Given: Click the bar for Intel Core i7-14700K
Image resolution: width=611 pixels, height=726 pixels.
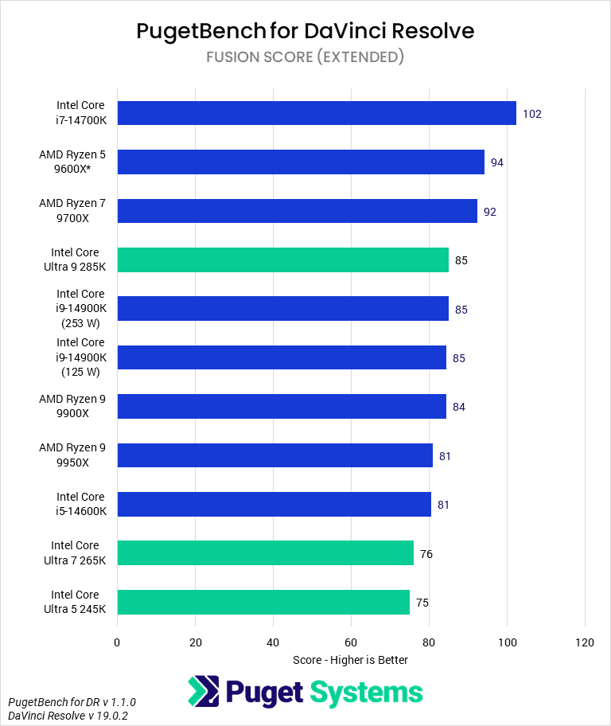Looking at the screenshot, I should coord(316,113).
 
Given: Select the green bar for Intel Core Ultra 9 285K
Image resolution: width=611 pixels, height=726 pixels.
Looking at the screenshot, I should coord(282,260).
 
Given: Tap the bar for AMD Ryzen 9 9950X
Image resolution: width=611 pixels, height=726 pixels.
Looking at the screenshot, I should coord(274,455).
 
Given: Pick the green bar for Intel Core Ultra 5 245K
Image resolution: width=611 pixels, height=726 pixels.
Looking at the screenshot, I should coord(263,603).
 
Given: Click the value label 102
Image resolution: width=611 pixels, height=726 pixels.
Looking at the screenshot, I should coord(531,114).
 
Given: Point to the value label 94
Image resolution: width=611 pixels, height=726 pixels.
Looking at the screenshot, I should coord(497,162).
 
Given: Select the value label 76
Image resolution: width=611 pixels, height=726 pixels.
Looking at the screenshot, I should coord(426,554).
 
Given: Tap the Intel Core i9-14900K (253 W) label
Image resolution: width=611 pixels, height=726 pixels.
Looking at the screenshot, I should coord(80,309).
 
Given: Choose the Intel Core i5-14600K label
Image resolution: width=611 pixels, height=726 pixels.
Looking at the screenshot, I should coord(80,504).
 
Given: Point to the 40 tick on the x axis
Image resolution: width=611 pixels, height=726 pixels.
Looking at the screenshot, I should coord(273,642).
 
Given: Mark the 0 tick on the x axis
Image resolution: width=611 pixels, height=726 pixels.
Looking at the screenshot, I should coord(117,642).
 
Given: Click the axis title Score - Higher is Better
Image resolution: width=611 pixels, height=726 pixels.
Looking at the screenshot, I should coord(350,660).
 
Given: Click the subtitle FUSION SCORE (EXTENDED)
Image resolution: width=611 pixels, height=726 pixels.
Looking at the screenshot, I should coord(305,57).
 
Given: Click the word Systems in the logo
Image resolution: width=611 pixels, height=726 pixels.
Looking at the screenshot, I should coord(367,692).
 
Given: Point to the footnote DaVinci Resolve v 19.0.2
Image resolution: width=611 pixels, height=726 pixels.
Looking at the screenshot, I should coord(72,716).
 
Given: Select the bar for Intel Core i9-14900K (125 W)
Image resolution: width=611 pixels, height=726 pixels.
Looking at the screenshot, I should coord(282,357).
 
